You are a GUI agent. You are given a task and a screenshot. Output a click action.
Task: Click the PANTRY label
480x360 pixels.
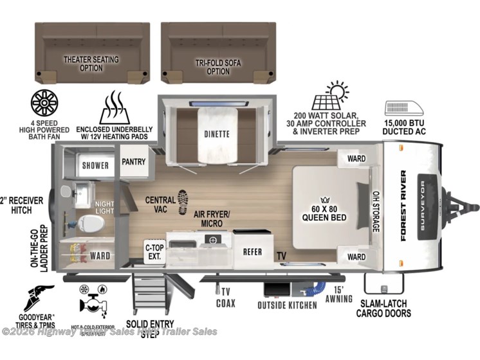134,162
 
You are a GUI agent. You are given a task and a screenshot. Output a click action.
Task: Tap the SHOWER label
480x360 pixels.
95,165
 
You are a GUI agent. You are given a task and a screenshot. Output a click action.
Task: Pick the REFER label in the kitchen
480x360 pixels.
252,251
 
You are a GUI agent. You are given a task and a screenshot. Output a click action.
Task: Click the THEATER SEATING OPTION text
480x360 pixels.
91,63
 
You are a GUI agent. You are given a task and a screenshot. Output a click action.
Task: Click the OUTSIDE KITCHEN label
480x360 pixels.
287,305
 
